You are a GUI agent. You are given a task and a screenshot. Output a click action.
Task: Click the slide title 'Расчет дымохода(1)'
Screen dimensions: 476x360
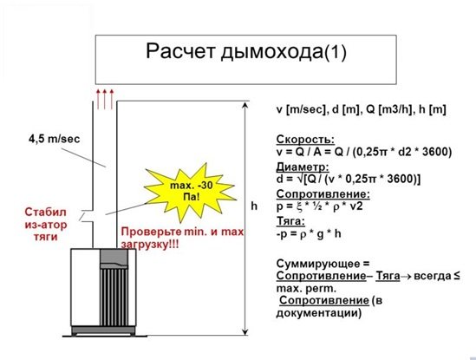[x=246, y=51]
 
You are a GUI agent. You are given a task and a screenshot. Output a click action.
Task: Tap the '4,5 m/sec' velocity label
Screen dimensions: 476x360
[x=55, y=139]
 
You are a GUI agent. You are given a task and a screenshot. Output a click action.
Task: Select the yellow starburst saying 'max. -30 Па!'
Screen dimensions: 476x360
[x=190, y=192]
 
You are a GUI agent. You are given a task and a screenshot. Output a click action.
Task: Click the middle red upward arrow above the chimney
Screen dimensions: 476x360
[x=105, y=99]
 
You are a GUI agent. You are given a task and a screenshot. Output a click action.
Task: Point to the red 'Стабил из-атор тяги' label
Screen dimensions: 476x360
[x=46, y=224]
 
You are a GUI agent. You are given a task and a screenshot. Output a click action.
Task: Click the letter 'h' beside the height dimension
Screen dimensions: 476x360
[x=254, y=206]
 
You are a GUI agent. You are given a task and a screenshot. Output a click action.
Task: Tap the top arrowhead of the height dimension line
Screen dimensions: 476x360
[x=245, y=105]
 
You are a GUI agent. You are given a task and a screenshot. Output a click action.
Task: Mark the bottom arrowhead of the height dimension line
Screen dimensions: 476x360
[x=245, y=332]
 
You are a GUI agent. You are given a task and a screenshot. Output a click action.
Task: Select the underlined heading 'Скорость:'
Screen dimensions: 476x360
[x=305, y=140]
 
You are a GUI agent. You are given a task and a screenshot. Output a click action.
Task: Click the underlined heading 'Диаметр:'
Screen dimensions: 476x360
[x=303, y=167]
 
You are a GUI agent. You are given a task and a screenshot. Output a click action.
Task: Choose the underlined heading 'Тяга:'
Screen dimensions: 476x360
[x=290, y=221]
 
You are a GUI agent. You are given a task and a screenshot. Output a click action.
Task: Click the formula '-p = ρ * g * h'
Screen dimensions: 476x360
[x=309, y=234]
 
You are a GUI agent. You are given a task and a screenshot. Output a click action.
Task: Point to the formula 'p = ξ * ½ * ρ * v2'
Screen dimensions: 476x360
[x=320, y=206]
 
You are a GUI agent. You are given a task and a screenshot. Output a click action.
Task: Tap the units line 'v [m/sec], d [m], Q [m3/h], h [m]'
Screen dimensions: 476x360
[x=362, y=109]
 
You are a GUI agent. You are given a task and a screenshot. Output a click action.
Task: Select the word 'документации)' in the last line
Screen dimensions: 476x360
[x=319, y=312]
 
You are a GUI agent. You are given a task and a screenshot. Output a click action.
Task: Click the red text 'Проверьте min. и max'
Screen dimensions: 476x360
[x=182, y=232]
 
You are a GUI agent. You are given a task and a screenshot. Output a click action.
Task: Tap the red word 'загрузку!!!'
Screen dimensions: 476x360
[x=150, y=245]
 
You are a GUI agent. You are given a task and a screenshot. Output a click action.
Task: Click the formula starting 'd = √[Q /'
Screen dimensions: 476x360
[x=349, y=179]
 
